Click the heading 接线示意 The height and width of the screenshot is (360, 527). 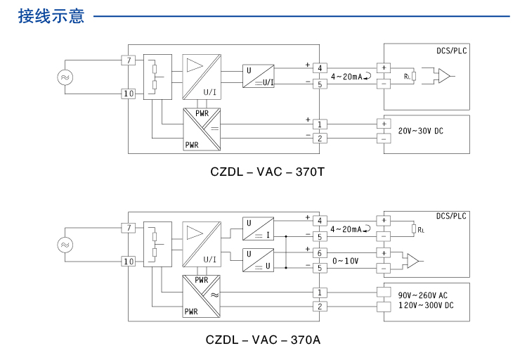coord(51,15)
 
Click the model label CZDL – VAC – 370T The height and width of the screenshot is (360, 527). coord(267,172)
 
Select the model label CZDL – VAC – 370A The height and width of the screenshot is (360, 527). coord(263,340)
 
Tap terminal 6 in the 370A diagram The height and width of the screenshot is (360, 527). coord(320,253)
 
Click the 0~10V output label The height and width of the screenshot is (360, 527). coord(345,261)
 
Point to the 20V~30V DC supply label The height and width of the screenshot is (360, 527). coord(420,131)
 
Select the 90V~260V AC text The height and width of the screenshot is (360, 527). coord(422,295)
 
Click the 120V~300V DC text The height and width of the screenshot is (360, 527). coord(426,305)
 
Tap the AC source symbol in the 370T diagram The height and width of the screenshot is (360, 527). coord(65,77)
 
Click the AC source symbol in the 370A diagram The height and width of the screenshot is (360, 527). coord(65,245)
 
